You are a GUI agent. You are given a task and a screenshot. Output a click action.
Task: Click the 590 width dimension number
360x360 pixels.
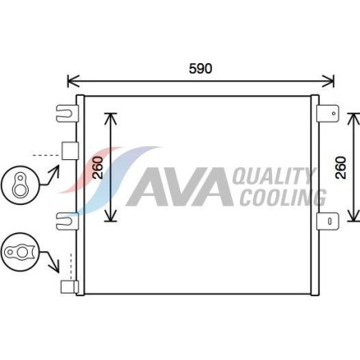click(x=200, y=68)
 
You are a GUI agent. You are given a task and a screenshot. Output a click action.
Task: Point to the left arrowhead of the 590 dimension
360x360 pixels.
click(x=70, y=80)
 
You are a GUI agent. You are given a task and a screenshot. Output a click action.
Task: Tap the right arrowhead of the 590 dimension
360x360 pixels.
click(x=330, y=80)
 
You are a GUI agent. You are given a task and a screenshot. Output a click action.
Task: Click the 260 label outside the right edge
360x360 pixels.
click(x=339, y=166)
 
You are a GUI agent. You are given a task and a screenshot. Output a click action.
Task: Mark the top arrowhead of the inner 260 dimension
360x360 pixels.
click(x=112, y=115)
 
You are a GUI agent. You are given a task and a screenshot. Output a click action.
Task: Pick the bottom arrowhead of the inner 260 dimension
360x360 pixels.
click(x=112, y=218)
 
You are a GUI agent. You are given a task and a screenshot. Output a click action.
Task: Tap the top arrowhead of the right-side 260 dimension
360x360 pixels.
click(x=353, y=115)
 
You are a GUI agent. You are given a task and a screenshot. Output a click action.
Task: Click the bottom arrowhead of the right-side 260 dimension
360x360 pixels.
click(x=353, y=218)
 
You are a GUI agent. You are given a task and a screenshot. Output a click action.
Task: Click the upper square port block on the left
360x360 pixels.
click(x=69, y=150)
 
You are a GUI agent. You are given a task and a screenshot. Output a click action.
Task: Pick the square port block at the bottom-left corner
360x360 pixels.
click(x=69, y=287)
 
